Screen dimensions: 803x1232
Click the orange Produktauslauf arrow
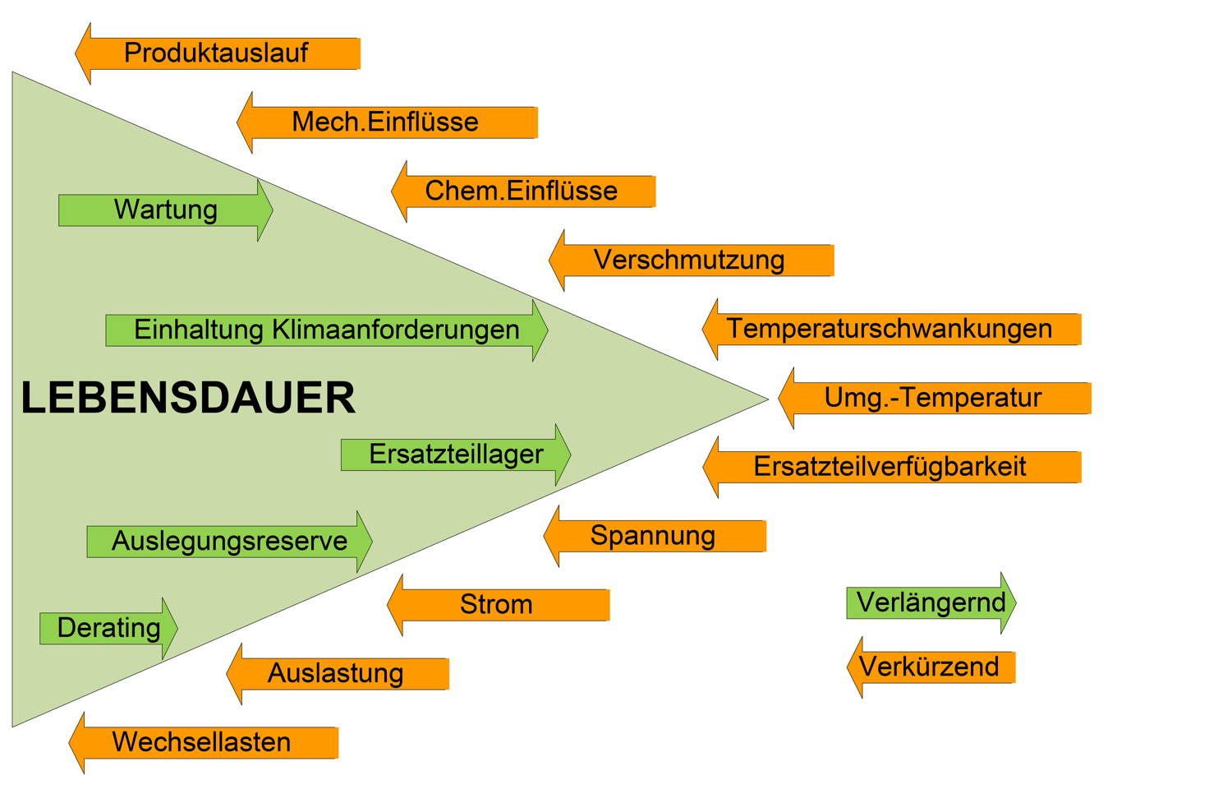tap(217, 53)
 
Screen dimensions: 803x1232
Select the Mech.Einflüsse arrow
tap(386, 122)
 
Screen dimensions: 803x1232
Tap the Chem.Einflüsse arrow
tap(522, 192)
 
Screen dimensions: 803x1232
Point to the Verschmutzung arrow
tap(690, 261)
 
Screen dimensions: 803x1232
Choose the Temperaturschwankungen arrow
tap(890, 330)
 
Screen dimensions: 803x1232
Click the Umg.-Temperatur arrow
tap(934, 399)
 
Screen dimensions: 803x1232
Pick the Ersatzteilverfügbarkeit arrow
tap(891, 467)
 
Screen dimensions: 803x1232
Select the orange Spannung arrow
tap(654, 536)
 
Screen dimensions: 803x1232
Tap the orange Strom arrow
tap(497, 605)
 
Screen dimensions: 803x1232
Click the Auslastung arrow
tap(337, 674)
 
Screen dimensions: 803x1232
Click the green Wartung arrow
tap(166, 210)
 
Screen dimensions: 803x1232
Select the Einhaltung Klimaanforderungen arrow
tap(327, 330)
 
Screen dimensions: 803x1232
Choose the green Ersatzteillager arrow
tap(456, 455)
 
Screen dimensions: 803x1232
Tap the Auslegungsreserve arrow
tap(230, 542)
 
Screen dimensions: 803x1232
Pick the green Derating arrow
tap(108, 629)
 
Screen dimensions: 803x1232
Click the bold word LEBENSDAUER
tap(188, 399)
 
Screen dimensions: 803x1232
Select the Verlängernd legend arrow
tap(931, 602)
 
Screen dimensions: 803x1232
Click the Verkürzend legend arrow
tap(931, 667)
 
